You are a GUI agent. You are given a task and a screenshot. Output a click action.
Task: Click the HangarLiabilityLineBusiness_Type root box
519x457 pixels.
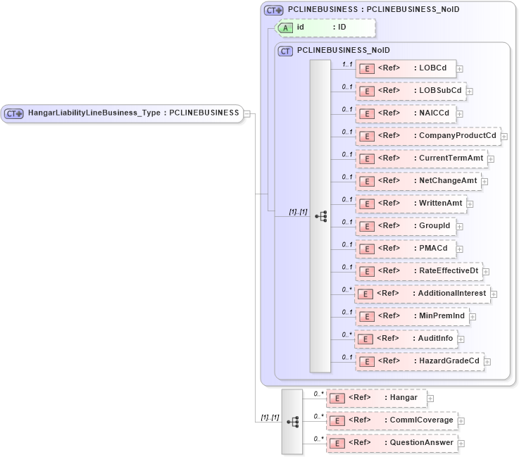click(123, 113)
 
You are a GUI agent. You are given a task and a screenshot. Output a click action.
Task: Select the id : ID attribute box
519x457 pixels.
click(325, 27)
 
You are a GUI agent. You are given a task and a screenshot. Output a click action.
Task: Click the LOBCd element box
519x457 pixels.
click(405, 68)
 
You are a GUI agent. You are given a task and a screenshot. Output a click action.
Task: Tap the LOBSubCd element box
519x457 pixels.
click(408, 91)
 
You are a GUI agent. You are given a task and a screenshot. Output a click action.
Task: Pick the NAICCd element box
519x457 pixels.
click(406, 113)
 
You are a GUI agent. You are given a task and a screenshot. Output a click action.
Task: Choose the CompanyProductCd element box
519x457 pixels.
click(427, 136)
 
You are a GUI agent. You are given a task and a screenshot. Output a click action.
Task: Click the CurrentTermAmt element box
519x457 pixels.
click(421, 158)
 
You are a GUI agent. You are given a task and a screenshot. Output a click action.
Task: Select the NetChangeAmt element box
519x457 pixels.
click(418, 181)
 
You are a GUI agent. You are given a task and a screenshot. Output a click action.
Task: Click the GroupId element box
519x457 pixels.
click(406, 226)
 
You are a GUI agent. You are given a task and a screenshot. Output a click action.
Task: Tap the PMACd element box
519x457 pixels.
click(405, 249)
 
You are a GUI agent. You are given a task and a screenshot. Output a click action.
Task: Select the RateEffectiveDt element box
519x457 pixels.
click(418, 271)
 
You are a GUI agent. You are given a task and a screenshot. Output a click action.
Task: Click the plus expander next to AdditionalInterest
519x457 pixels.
click(494, 294)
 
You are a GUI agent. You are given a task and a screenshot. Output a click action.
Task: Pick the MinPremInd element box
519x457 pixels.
click(412, 316)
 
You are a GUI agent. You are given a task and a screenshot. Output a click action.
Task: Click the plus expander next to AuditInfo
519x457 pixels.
click(461, 339)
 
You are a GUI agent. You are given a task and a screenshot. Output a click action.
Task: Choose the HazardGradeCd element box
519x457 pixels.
click(419, 361)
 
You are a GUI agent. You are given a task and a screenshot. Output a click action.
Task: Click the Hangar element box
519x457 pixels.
click(377, 398)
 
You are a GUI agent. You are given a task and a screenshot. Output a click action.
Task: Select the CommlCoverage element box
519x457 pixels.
click(392, 420)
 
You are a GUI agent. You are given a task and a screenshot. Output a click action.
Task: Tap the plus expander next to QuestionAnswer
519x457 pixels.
click(461, 444)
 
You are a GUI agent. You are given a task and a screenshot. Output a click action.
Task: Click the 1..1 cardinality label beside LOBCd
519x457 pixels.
click(346, 64)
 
